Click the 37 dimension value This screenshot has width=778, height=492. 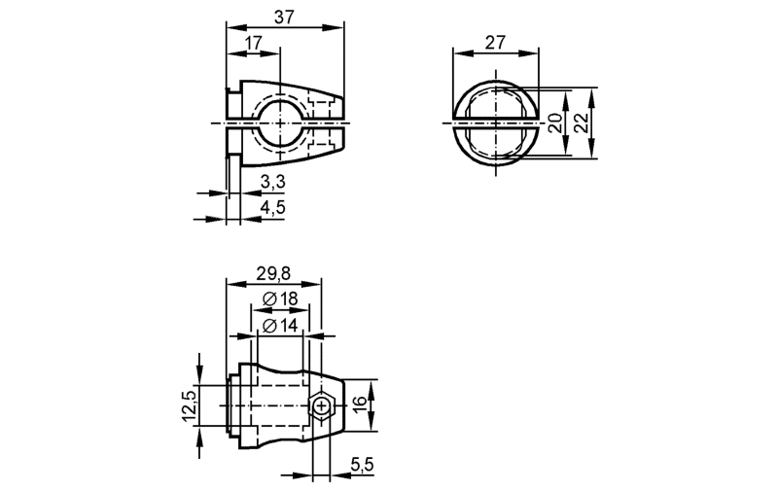[x=284, y=17]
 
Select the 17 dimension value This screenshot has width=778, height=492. [x=253, y=43]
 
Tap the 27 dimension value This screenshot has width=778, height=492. [x=495, y=42]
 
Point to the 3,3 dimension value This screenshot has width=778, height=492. [x=273, y=182]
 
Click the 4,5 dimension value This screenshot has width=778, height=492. [x=273, y=207]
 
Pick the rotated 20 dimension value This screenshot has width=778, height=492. [x=556, y=123]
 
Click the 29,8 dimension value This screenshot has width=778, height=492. [x=273, y=273]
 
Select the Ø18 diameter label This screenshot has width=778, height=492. [x=280, y=299]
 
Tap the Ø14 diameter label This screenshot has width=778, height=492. [x=280, y=326]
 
